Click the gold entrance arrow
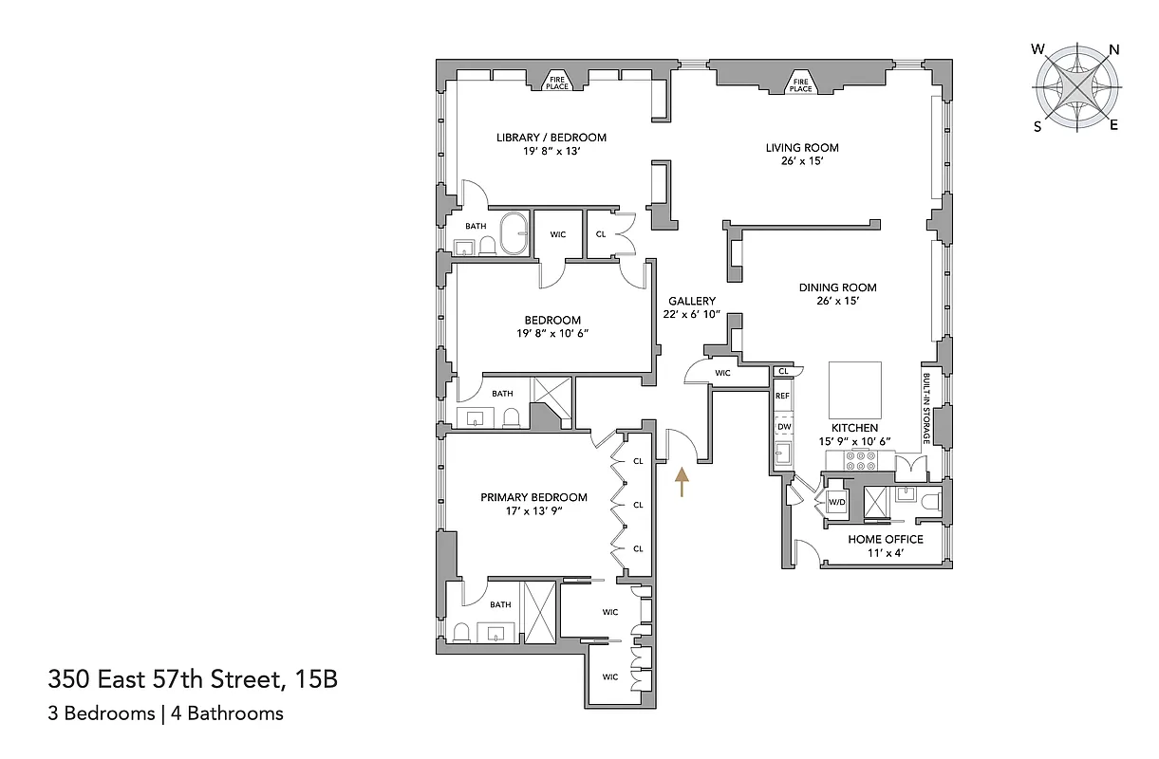[x=680, y=481]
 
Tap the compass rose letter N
[x=1114, y=49]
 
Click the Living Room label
[x=802, y=148]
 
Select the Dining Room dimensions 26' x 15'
[x=836, y=301]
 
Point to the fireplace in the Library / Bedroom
[x=556, y=83]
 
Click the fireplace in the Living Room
[x=802, y=84]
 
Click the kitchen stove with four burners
[x=860, y=460]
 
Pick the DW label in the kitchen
[x=784, y=427]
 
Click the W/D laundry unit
[x=837, y=502]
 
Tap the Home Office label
[x=885, y=539]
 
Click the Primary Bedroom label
[x=533, y=497]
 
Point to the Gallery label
[x=691, y=301]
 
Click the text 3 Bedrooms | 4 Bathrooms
[x=165, y=713]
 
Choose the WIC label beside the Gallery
[x=722, y=373]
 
